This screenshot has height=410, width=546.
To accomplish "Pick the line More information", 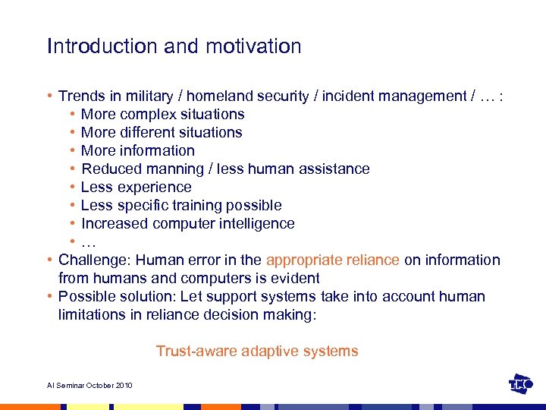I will point(137,151).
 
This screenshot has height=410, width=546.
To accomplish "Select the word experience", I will point(154,188).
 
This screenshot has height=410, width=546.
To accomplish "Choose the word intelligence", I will point(253,224).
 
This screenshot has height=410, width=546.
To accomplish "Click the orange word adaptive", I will point(269,352).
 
